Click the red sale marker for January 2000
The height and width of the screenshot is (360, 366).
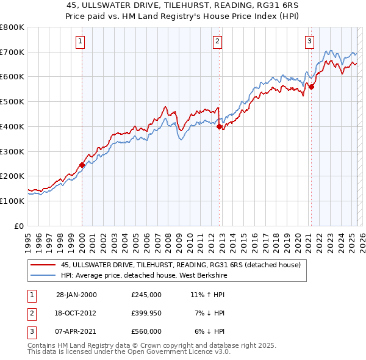coord(82,165)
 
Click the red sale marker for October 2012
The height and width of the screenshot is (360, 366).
coord(219,127)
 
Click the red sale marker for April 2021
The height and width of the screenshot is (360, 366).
coord(311,87)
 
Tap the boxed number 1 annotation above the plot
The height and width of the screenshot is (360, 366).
coord(81,41)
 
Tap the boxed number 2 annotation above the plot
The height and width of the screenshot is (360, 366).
coord(218,41)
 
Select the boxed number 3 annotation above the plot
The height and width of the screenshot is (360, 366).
coord(309,41)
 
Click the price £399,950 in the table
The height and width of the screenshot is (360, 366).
coord(146,313)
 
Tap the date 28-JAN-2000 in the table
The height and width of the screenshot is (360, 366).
coord(76,295)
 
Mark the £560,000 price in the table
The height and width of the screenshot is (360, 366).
coord(146,331)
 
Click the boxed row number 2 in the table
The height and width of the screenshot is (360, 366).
coord(30,313)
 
